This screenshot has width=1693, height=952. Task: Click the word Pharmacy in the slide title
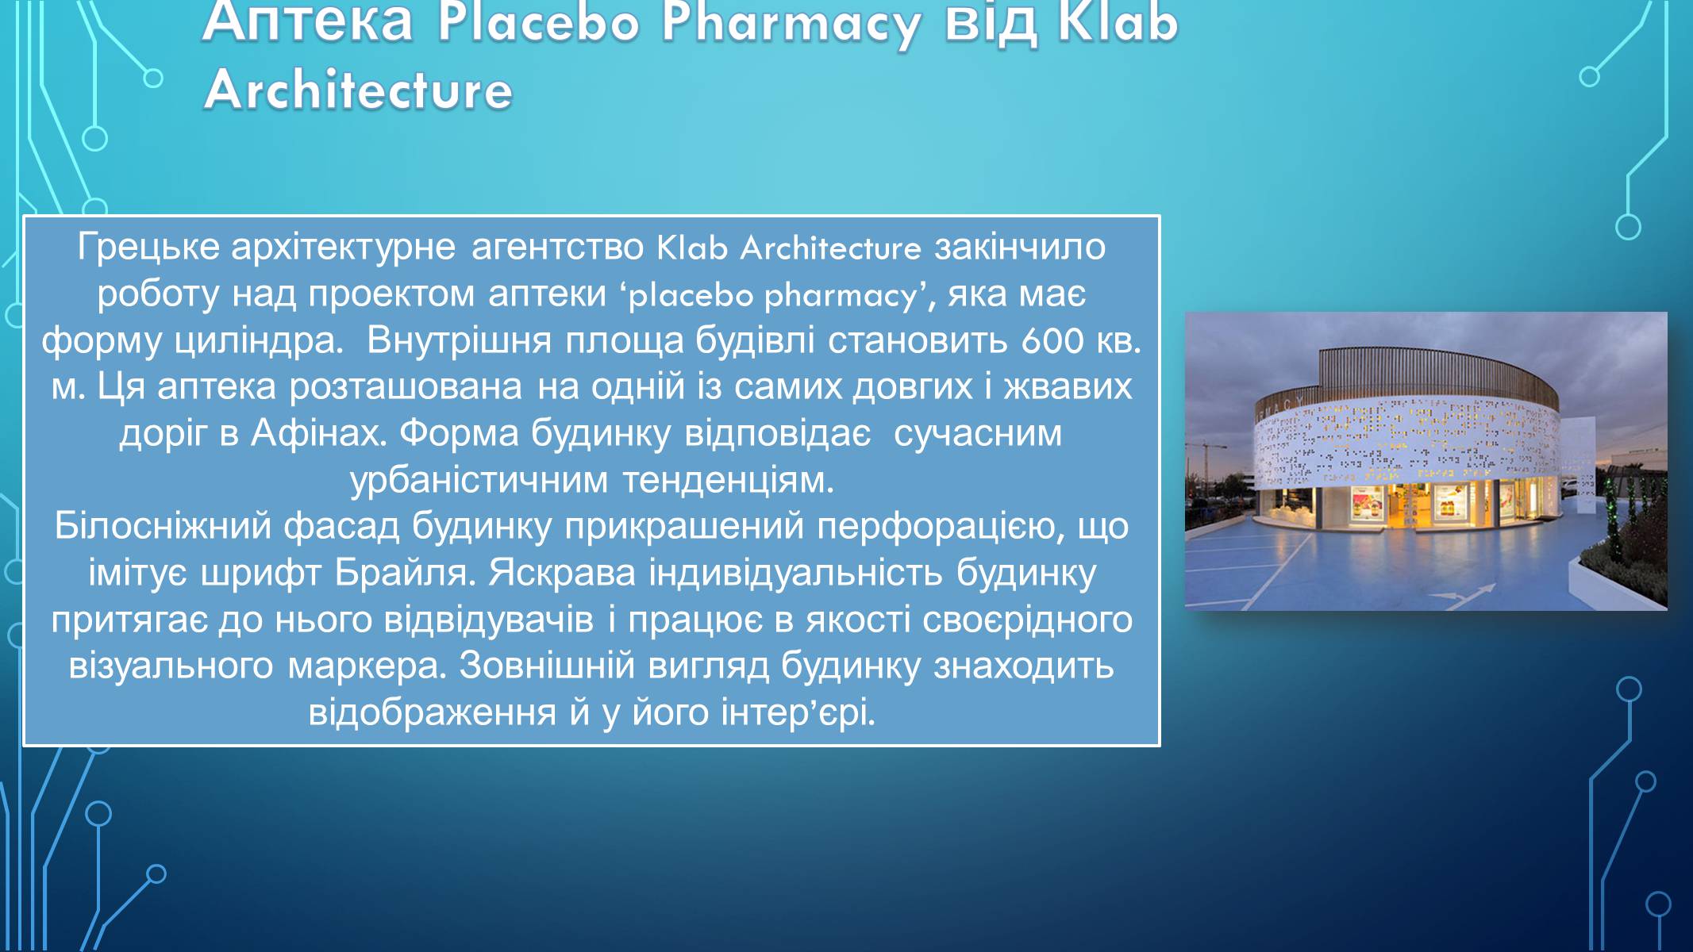[791, 24]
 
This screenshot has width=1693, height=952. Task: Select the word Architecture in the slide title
[358, 90]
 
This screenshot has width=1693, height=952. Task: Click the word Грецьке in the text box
[148, 248]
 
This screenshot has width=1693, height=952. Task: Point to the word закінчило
[1020, 248]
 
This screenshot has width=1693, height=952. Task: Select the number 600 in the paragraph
[1052, 340]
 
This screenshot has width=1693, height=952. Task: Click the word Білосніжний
[163, 526]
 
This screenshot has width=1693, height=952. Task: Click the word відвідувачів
[489, 620]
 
